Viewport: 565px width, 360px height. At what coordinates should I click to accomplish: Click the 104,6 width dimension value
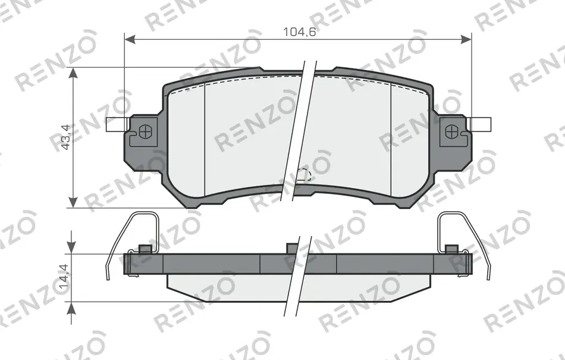point(299,32)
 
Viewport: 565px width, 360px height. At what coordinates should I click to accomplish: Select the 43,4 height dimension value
point(66,137)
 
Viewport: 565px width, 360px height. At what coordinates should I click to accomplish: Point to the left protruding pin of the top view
point(117,124)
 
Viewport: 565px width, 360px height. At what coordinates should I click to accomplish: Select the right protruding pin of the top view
point(479,124)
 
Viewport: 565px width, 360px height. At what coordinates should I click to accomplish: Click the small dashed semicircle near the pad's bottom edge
point(304,175)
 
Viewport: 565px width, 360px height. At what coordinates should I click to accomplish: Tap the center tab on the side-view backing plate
point(291,248)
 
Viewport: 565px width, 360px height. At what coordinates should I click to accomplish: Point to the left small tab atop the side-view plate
point(143,248)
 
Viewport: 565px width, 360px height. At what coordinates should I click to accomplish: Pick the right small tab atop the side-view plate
point(451,248)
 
